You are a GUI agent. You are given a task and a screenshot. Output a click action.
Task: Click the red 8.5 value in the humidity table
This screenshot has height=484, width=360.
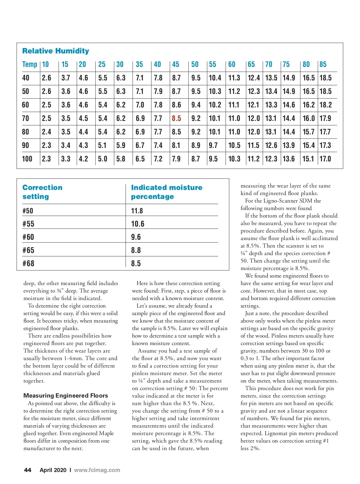pyautogui.click(x=176, y=119)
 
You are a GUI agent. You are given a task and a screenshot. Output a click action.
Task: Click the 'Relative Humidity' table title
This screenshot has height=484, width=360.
pyautogui.click(x=55, y=51)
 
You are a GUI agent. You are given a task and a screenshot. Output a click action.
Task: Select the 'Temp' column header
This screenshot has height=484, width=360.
pyautogui.click(x=30, y=65)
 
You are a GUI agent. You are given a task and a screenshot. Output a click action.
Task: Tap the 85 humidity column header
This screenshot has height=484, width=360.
pyautogui.click(x=323, y=65)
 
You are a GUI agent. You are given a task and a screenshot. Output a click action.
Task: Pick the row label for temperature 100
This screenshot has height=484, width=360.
pyautogui.click(x=27, y=159)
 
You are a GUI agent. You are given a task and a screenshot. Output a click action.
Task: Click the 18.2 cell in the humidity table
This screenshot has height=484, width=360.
pyautogui.click(x=325, y=105)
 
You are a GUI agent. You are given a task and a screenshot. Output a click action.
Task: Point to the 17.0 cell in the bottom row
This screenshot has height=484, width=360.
pyautogui.click(x=325, y=159)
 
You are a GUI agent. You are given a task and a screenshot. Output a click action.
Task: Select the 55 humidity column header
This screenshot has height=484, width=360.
pyautogui.click(x=212, y=65)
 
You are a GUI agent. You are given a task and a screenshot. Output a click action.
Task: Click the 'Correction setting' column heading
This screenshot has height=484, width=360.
pyautogui.click(x=42, y=192)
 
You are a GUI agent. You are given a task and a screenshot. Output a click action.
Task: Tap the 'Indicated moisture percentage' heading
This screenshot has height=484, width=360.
pyautogui.click(x=166, y=192)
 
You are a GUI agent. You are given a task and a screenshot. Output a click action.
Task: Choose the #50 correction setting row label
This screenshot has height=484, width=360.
pyautogui.click(x=28, y=211)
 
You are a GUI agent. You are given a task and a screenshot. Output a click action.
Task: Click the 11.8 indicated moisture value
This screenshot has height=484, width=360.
pyautogui.click(x=137, y=211)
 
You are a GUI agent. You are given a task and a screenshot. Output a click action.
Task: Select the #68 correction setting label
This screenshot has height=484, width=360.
pyautogui.click(x=28, y=263)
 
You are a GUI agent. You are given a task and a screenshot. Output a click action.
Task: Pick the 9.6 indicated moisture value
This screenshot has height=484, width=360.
pyautogui.click(x=136, y=237)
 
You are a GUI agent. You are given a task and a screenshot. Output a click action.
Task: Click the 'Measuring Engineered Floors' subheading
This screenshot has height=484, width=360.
pyautogui.click(x=65, y=395)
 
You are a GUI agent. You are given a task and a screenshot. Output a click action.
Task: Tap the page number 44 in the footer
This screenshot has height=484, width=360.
pyautogui.click(x=27, y=470)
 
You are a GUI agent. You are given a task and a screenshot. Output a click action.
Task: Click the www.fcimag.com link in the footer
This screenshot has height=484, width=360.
pyautogui.click(x=97, y=470)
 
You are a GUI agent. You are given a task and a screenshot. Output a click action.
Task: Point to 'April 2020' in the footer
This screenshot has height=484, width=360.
pyautogui.click(x=53, y=470)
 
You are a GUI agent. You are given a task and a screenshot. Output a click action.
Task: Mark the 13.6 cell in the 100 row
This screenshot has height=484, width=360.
pyautogui.click(x=289, y=159)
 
